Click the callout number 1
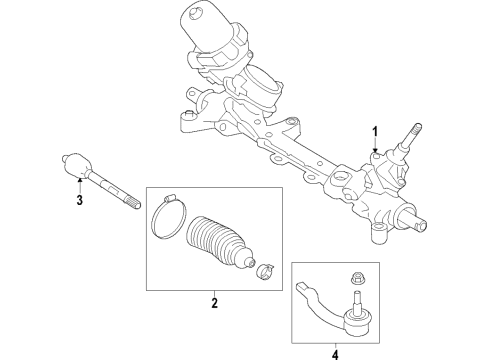pos(376,130)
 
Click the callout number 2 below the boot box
pos(212,301)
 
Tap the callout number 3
pos(78,201)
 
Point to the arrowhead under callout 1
pos(376,150)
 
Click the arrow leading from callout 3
pos(78,184)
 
